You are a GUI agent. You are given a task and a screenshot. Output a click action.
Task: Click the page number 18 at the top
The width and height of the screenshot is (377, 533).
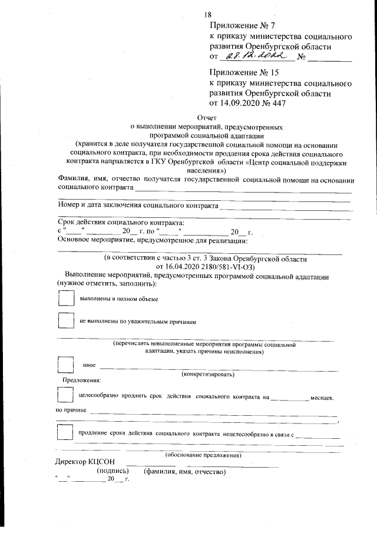207,14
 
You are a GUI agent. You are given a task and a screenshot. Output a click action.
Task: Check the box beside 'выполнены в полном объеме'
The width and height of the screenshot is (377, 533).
66,299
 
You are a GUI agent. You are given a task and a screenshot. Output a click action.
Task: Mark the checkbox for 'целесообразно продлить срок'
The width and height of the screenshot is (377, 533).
66,397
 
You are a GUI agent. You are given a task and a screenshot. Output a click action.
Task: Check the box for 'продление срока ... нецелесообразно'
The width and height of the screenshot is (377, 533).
66,433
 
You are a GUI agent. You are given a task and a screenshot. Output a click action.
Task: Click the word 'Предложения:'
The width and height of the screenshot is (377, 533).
82,382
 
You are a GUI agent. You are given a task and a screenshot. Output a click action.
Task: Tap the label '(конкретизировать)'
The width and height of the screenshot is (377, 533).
209,374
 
